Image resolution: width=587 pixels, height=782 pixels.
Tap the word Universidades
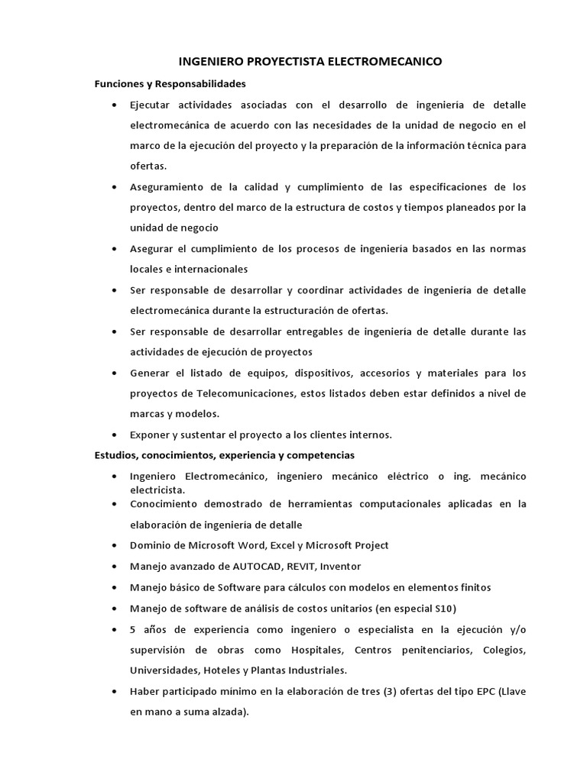165,671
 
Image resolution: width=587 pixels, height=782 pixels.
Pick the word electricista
157,489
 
